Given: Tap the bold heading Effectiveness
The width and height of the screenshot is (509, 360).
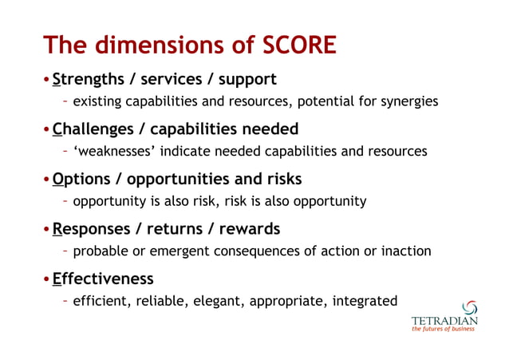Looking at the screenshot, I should (x=103, y=279).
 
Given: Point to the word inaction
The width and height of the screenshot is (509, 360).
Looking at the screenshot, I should (x=404, y=251).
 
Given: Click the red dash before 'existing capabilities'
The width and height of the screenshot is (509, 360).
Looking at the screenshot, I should (x=65, y=101).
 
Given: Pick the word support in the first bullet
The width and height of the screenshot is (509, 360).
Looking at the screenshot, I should (x=247, y=79).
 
